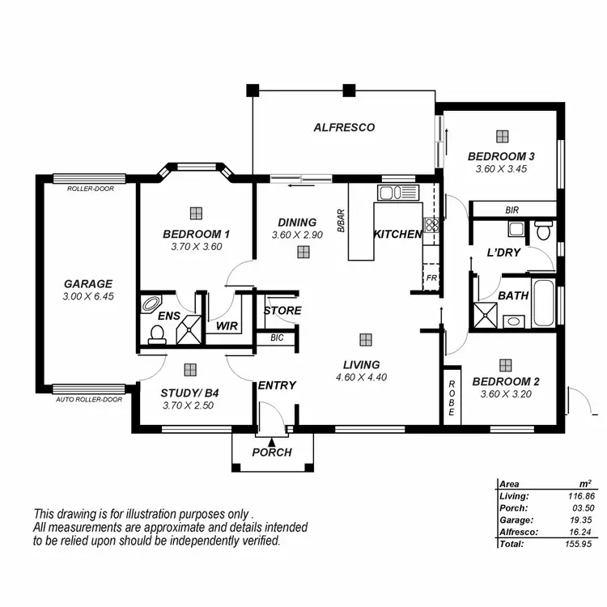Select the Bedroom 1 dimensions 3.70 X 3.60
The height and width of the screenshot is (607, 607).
click(x=196, y=247)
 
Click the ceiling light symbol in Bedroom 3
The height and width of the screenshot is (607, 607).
click(x=503, y=136)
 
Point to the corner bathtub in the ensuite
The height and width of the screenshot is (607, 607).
click(x=151, y=305)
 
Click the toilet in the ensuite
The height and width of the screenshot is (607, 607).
click(x=156, y=333)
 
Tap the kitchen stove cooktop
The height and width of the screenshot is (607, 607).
click(x=432, y=227)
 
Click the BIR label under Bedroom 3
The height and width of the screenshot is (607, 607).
click(x=511, y=210)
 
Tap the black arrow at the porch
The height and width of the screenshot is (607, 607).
click(x=271, y=442)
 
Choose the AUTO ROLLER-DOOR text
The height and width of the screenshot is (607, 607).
click(x=89, y=400)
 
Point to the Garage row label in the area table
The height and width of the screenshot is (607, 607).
click(x=516, y=520)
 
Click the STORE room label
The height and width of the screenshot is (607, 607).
click(x=282, y=311)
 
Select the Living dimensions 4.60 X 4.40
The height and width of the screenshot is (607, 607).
click(x=360, y=376)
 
